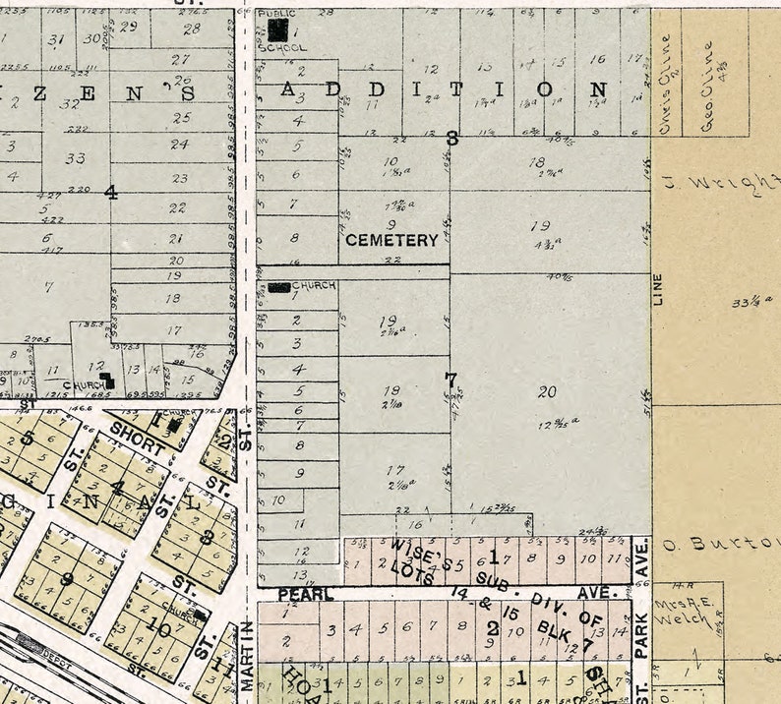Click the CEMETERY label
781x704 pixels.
(391, 240)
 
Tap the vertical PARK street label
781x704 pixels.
(641, 635)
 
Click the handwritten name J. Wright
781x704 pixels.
(733, 183)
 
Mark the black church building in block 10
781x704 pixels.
(201, 615)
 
